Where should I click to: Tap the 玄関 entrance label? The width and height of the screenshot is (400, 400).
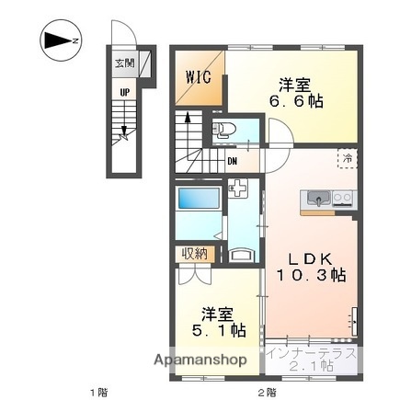(x=124, y=64)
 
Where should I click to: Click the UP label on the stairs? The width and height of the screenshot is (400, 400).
(x=124, y=91)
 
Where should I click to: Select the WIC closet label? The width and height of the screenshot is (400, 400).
(x=200, y=76)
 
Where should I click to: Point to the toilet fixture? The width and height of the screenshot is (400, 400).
(x=223, y=130)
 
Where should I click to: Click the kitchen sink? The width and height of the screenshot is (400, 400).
(x=318, y=197)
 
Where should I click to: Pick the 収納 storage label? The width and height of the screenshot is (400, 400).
(x=193, y=254)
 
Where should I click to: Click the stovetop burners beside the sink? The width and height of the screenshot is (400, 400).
(x=342, y=197)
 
